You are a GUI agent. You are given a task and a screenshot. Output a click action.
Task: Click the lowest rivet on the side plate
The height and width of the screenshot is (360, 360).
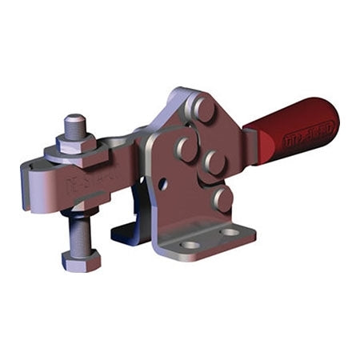pos(222,197)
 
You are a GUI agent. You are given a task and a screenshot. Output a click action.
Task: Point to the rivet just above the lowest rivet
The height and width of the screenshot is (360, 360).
pos(214,164)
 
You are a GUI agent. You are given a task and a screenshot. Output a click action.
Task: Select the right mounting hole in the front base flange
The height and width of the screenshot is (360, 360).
pos(232,233)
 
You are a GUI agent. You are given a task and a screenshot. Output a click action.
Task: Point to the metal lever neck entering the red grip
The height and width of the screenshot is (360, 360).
pos(251,144)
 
